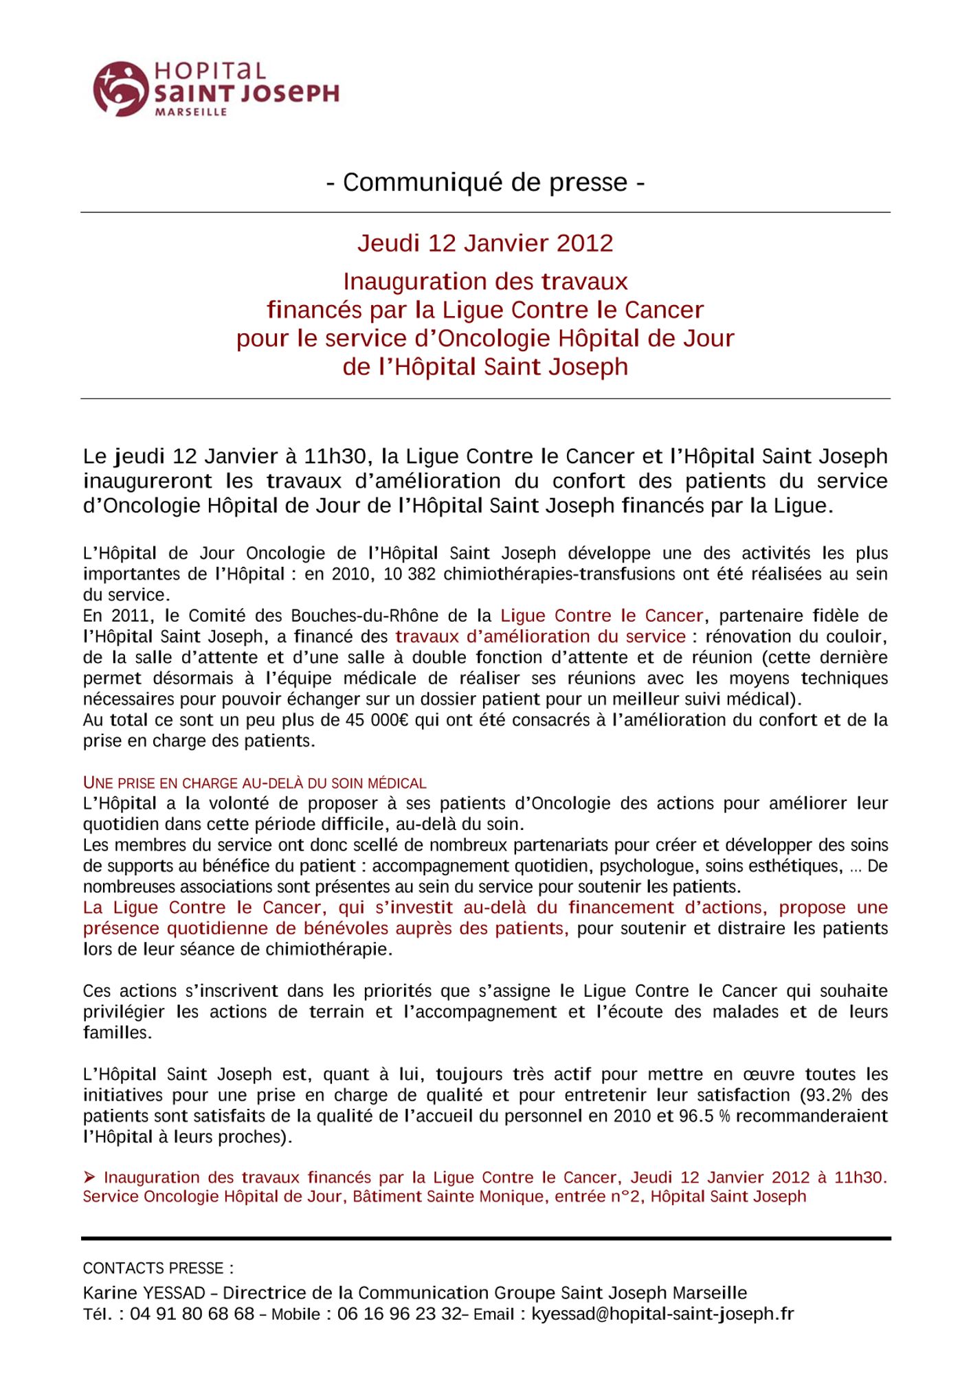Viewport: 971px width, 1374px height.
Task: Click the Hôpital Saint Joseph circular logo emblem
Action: click(x=120, y=89)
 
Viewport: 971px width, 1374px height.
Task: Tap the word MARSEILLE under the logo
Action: click(x=191, y=112)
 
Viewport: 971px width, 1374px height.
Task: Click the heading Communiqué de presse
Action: click(x=485, y=183)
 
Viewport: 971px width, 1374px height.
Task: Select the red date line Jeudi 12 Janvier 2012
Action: click(x=485, y=243)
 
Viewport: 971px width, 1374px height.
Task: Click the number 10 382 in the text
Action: click(x=410, y=574)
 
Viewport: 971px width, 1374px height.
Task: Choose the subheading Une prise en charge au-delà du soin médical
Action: click(x=254, y=783)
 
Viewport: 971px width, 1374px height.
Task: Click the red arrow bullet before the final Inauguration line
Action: click(x=90, y=1178)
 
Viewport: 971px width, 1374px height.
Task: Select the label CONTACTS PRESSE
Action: click(x=157, y=1268)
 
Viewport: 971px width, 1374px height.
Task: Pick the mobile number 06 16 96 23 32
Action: click(x=399, y=1314)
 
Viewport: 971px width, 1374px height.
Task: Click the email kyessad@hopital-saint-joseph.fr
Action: click(x=662, y=1314)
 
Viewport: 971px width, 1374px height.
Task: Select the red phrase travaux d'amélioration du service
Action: click(x=540, y=637)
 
